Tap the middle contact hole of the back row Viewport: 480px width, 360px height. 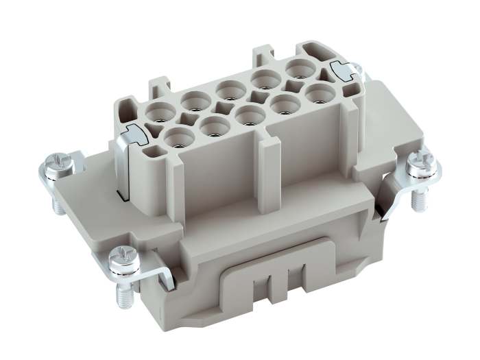[x=231, y=89]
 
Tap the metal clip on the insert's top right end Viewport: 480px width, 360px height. [x=343, y=69]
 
